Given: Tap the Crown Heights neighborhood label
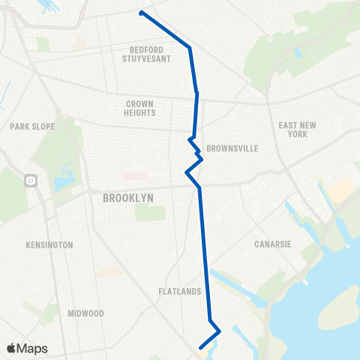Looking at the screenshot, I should point(140,109).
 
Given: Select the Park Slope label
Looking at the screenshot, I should point(32,127).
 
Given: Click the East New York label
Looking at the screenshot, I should point(293,129).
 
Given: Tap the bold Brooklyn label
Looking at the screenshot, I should point(127,197).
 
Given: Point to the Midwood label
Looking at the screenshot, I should point(85,313).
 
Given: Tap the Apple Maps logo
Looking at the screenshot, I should point(27,348).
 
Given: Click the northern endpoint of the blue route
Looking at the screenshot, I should point(141,12).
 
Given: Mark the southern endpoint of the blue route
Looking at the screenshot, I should point(200,347).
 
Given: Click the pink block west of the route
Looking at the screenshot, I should point(134,176).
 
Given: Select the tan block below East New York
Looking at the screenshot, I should point(339,191).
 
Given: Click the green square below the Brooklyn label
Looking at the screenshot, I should point(149,213).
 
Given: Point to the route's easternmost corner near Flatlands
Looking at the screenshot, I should point(219,330).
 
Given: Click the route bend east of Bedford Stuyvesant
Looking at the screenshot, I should point(190,49).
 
